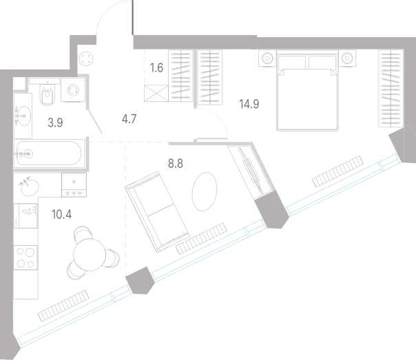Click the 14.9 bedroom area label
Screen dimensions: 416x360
coord(249,104)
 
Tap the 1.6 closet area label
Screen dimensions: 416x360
coord(156,68)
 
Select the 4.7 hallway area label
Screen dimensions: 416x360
coord(129,119)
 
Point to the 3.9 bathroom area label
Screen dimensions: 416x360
coord(55,123)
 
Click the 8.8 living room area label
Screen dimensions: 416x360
coord(176,164)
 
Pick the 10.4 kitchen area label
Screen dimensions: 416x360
coord(61,214)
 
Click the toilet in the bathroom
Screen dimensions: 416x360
coord(48,94)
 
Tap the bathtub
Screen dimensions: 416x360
coord(48,153)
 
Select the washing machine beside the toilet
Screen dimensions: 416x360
coord(73,90)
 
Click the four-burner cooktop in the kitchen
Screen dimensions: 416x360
coord(25,257)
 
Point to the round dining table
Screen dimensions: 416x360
coord(90,255)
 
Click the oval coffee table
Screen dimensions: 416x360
coord(205,191)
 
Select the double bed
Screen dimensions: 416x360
coord(307,91)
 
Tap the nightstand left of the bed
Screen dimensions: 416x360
coord(267,58)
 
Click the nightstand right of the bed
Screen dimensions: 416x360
coord(347,58)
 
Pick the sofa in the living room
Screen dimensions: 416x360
coord(157,211)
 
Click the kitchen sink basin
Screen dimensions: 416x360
coord(30,187)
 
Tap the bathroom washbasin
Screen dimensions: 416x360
coord(23,116)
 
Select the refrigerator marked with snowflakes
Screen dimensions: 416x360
coord(74,185)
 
